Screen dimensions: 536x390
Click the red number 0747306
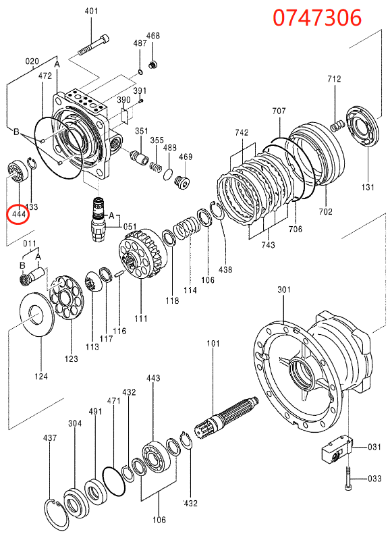point(316,17)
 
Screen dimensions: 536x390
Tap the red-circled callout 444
point(18,215)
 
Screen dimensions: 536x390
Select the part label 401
point(91,11)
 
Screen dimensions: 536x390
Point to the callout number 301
point(284,290)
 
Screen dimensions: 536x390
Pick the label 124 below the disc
point(41,376)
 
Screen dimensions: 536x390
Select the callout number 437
point(50,438)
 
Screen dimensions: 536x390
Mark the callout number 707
point(279,111)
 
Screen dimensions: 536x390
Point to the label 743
point(268,245)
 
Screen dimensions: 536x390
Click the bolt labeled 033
point(347,477)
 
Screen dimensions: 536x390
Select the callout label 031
point(374,446)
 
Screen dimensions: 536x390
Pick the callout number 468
point(153,36)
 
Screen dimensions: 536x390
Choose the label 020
point(32,61)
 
